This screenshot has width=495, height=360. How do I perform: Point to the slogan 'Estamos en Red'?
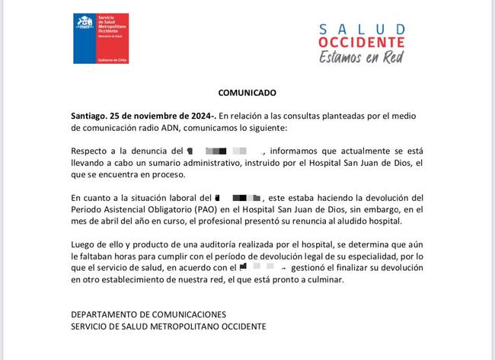(361, 56)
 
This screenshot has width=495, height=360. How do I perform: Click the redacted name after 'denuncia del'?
(225, 151)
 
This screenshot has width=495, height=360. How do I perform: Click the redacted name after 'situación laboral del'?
(240, 197)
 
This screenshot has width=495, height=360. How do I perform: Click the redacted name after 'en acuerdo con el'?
(263, 268)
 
